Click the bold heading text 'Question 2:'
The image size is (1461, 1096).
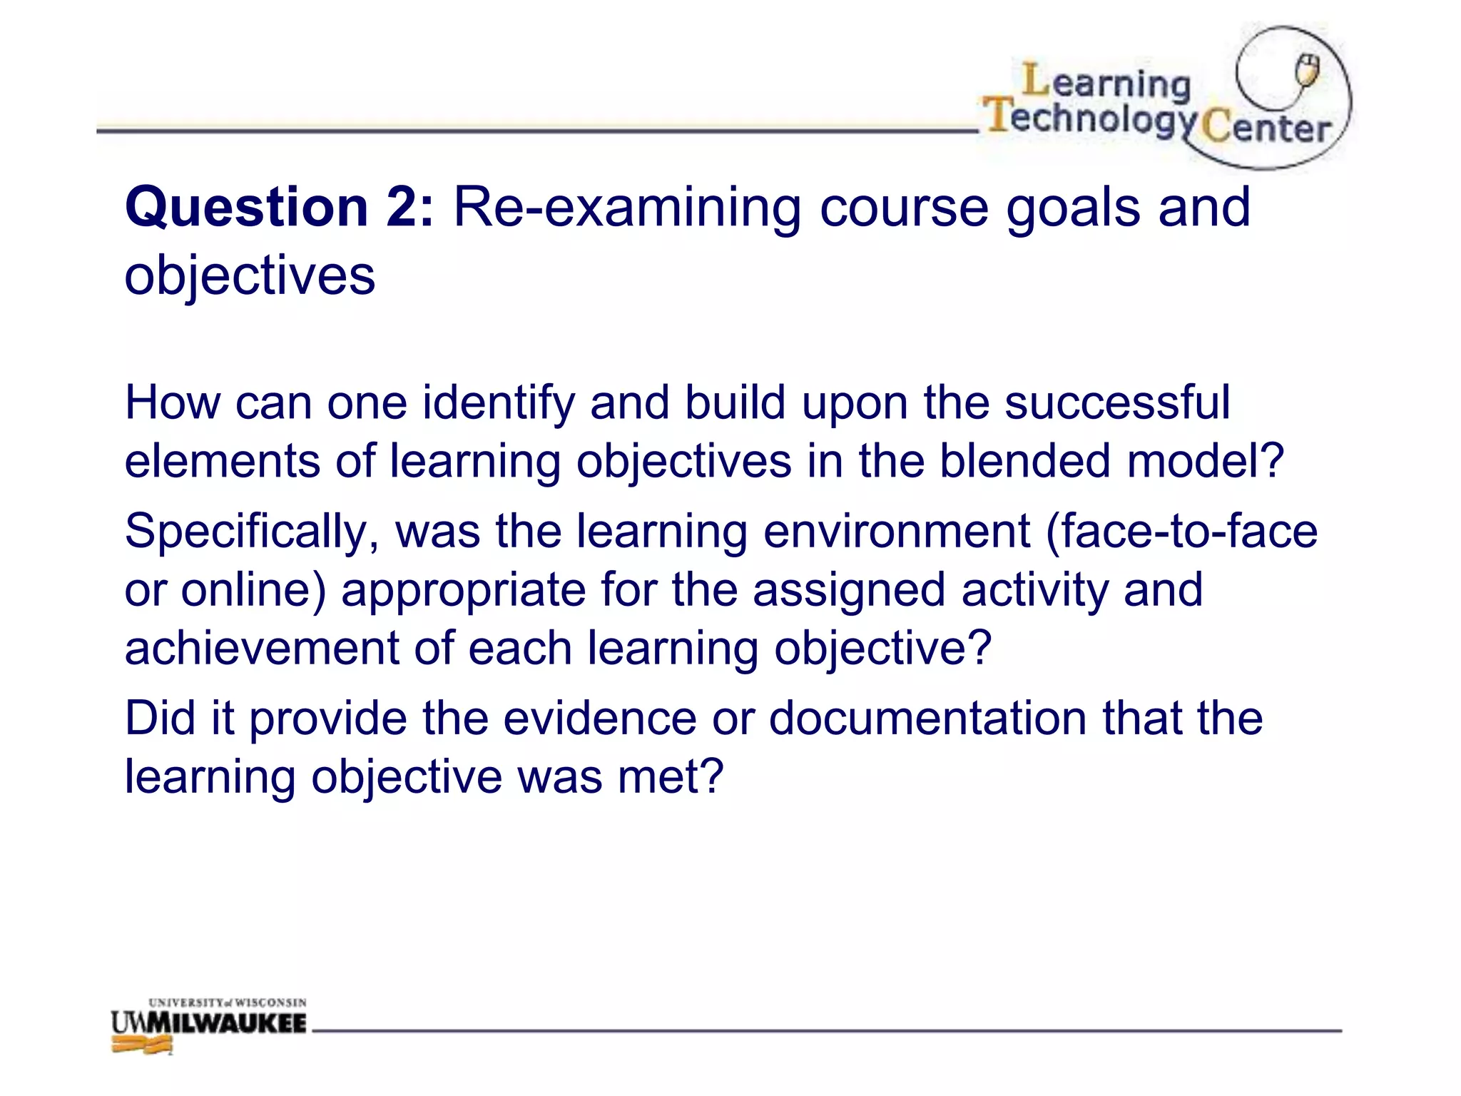tap(279, 208)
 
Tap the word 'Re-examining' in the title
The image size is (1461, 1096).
tap(627, 208)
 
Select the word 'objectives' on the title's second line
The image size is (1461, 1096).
tap(250, 276)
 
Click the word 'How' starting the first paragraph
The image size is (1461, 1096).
tap(173, 403)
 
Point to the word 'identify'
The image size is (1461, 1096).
tap(498, 403)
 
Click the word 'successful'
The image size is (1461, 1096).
tap(1117, 403)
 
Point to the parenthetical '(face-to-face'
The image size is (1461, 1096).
tap(1181, 532)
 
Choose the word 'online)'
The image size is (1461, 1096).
tap(253, 591)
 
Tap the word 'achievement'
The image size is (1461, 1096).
tap(261, 649)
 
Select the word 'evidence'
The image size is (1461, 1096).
tap(599, 719)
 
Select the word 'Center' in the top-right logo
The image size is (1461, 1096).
tap(1266, 128)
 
